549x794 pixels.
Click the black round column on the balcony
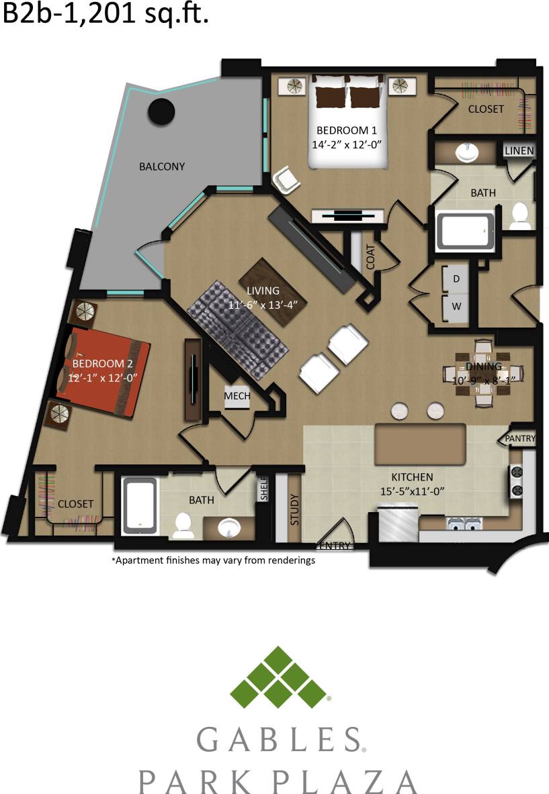tap(161, 111)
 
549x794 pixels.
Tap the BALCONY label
tap(161, 166)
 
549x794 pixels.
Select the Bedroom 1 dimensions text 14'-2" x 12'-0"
tap(351, 144)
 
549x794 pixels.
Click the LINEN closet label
tap(519, 151)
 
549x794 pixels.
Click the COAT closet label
tap(371, 256)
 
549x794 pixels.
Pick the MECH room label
tap(237, 396)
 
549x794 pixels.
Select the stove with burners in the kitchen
tap(517, 481)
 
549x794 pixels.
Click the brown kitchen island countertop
tap(420, 444)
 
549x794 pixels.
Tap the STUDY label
tap(294, 509)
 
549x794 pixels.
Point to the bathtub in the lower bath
tap(140, 505)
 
